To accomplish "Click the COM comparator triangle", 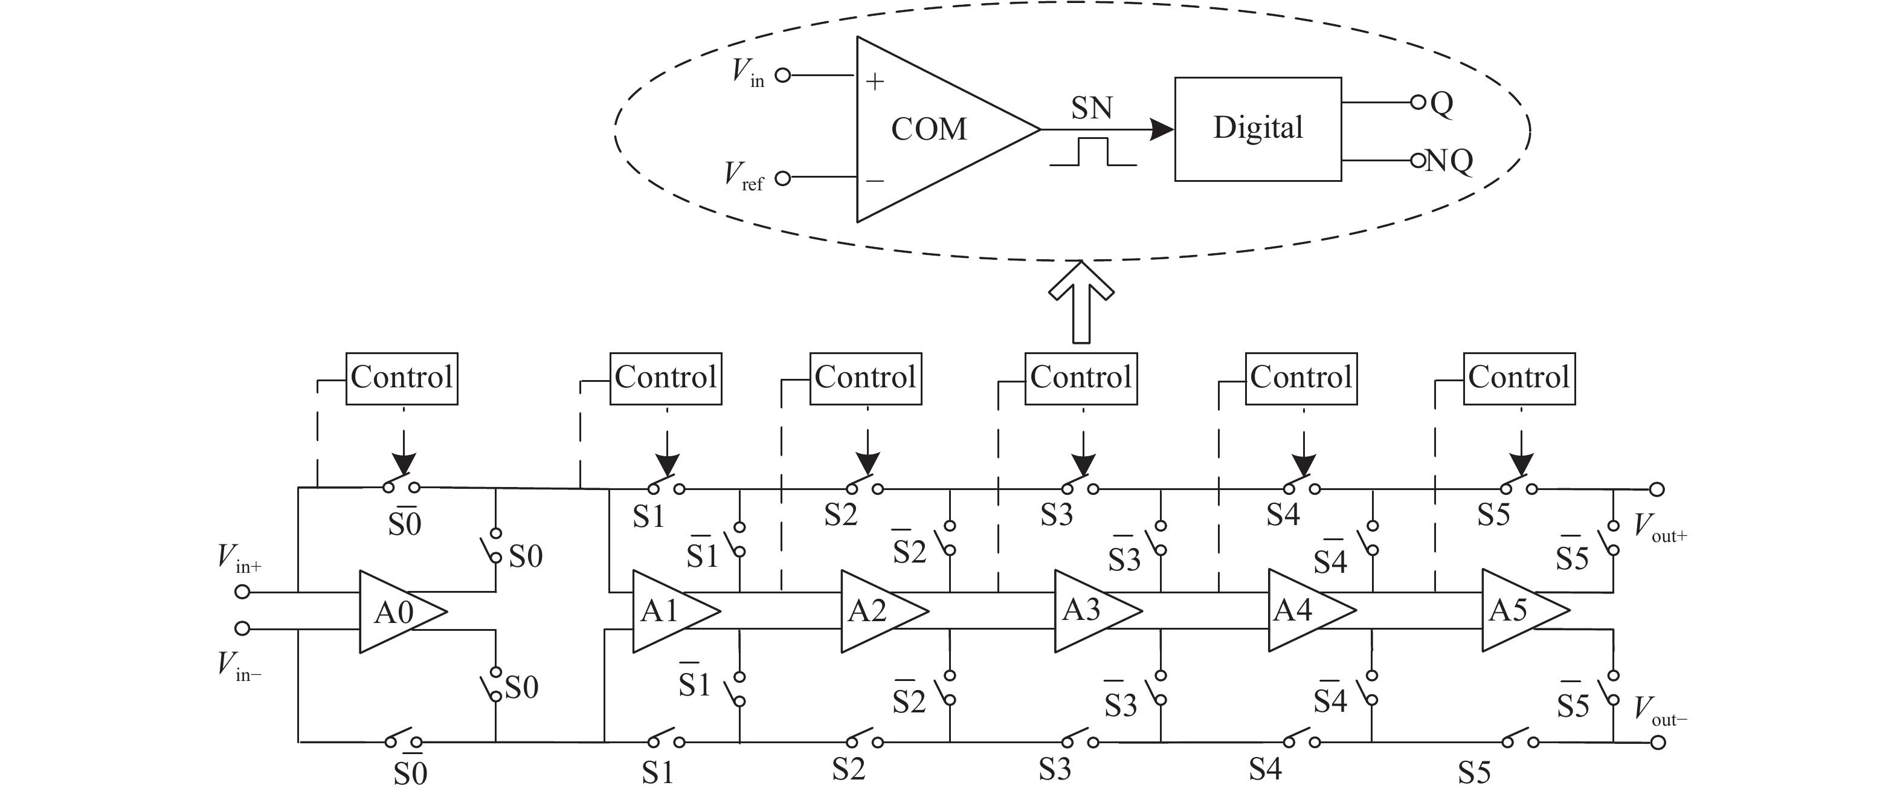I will pos(931,129).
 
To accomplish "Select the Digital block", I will pos(1257,129).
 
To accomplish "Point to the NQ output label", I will pos(1449,160).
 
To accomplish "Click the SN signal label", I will pos(1091,109).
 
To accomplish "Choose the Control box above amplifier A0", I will pos(402,378).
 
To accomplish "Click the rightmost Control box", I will pos(1519,378).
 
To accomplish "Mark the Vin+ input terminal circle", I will pos(242,592).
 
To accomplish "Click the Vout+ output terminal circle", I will pos(1657,489).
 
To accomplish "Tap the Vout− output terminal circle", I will pos(1658,741).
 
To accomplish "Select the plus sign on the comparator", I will pos(875,81).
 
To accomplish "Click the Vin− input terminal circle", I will pos(242,628).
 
